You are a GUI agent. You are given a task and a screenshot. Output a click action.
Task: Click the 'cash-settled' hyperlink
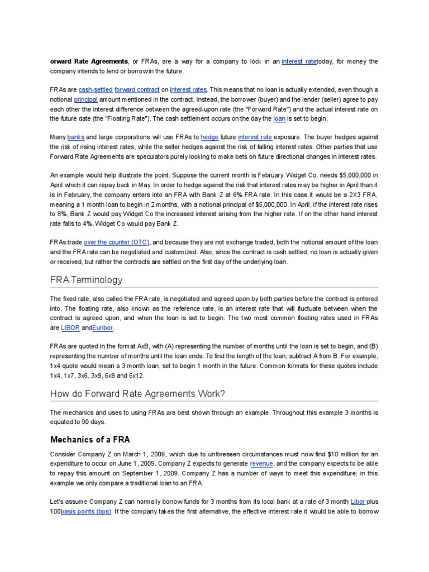pos(96,89)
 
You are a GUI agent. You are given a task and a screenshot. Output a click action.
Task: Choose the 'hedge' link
pos(209,137)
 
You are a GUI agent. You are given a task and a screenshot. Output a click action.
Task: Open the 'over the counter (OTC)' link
pos(117,243)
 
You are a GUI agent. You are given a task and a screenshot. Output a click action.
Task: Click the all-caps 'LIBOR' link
pos(70,328)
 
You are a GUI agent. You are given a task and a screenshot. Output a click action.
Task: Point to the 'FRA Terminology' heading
pos(86,279)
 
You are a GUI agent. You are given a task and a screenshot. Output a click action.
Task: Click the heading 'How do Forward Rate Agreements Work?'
pos(137,394)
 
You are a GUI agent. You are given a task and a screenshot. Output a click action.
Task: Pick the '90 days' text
pos(87,422)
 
